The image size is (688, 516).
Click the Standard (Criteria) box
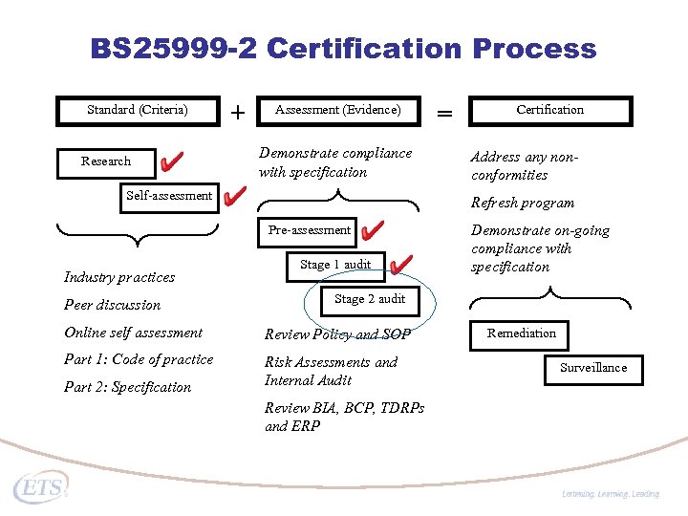click(138, 110)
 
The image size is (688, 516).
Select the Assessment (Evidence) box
click(337, 110)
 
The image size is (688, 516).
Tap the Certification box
click(549, 110)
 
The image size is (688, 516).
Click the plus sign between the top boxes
click(237, 113)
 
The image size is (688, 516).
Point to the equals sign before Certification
click(444, 113)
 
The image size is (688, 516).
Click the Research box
click(106, 161)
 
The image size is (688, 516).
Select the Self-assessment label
click(169, 196)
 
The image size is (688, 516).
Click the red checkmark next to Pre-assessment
click(374, 230)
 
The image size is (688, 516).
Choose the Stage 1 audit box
click(334, 265)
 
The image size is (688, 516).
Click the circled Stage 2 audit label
click(370, 299)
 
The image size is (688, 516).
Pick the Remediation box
click(521, 333)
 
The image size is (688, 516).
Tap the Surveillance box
click(593, 368)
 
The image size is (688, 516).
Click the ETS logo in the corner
click(40, 487)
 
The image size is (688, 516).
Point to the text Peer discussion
click(112, 306)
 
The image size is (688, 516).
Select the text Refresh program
click(523, 203)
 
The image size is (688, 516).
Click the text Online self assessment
click(133, 333)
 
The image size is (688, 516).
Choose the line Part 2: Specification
click(127, 388)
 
